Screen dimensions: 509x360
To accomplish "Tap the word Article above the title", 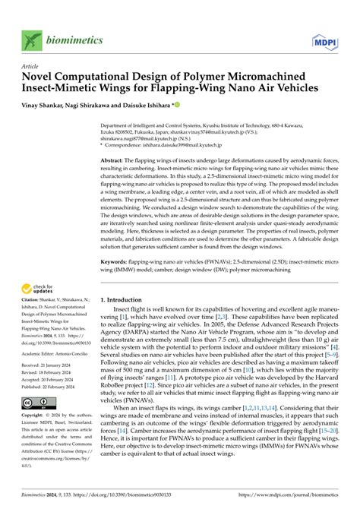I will click(32, 66).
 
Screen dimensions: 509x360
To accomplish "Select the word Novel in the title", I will click(43, 77).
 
